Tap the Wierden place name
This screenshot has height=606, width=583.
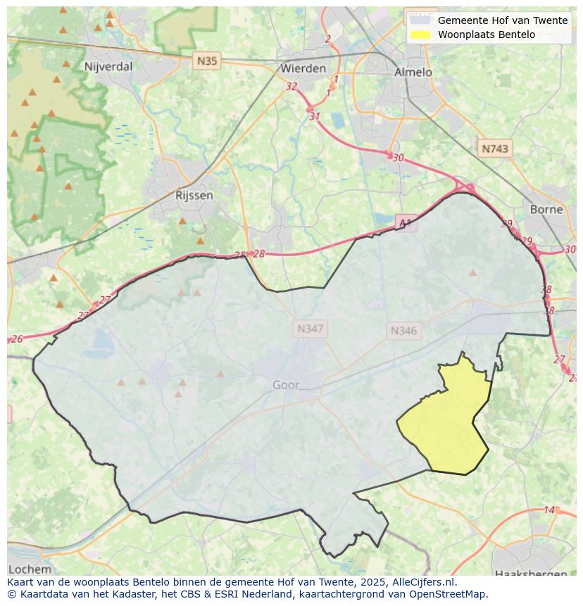click(303, 68)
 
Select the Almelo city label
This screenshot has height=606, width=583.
click(413, 72)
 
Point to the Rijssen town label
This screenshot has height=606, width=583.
click(194, 195)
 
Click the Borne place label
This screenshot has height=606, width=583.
click(546, 209)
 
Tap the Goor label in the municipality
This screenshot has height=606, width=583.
click(286, 385)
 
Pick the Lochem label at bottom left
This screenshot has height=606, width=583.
click(30, 569)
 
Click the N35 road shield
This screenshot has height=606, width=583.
click(207, 61)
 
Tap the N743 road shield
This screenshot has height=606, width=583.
click(495, 149)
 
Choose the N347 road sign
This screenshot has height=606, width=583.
click(310, 329)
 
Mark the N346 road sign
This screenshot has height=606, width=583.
click(403, 331)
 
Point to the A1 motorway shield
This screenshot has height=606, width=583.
click(405, 223)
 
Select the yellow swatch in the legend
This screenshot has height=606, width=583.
click(420, 34)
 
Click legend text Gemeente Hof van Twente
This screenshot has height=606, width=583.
click(502, 20)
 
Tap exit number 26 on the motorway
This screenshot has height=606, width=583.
click(17, 339)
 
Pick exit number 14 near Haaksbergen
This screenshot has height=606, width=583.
click(549, 510)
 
